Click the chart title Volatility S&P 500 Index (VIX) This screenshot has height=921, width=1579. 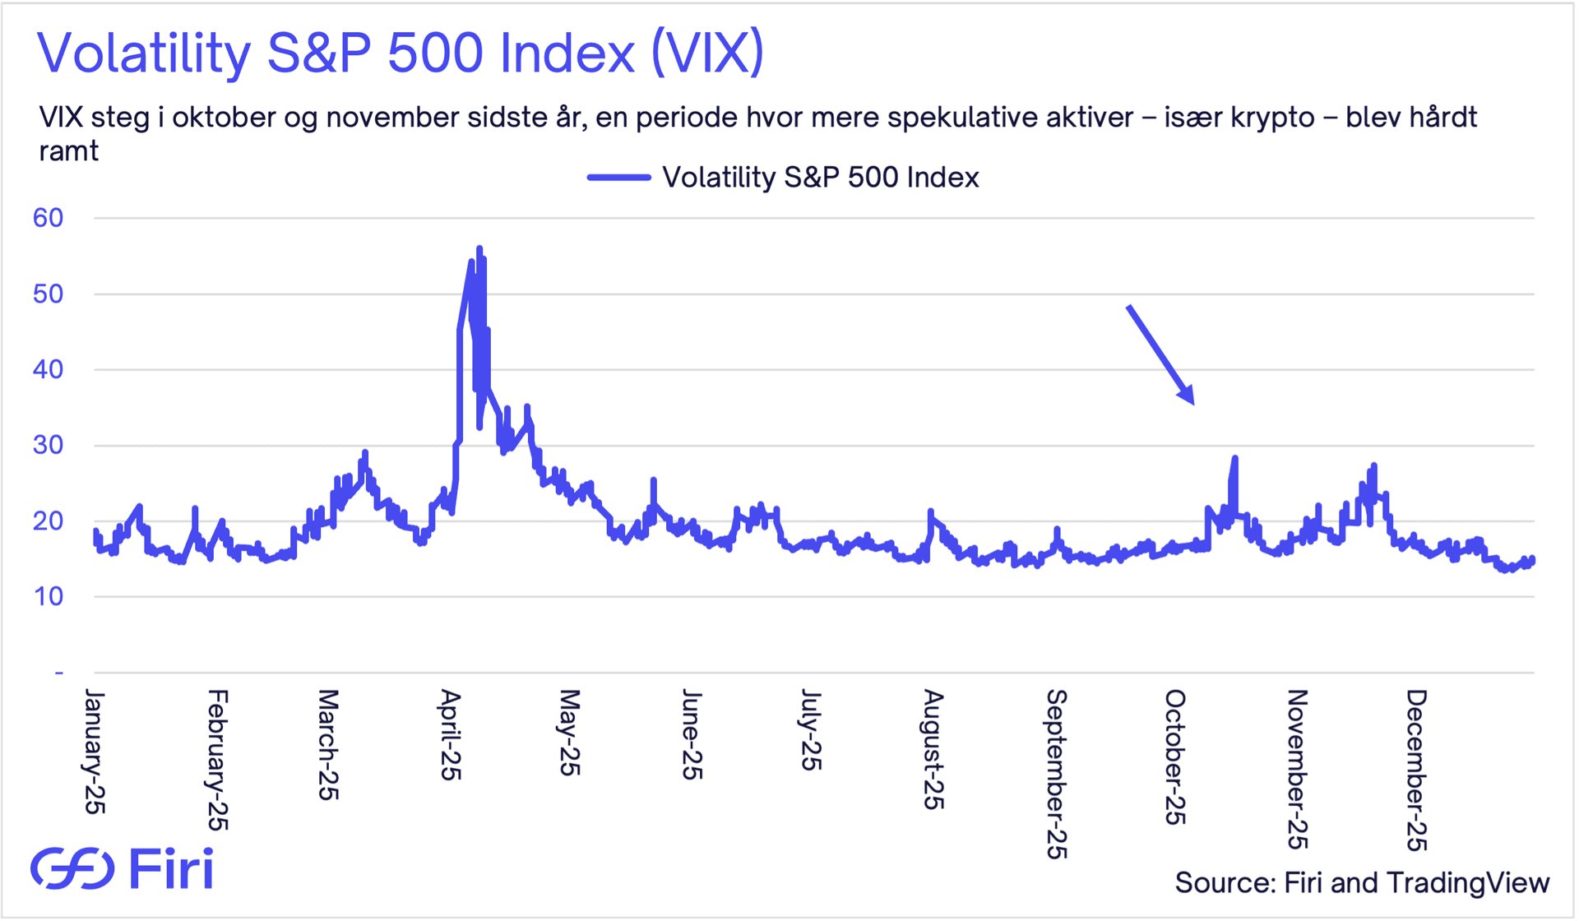(401, 53)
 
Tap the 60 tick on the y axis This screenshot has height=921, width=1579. (48, 218)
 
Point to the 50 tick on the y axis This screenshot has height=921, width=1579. (48, 294)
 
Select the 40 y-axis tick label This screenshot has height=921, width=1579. (48, 369)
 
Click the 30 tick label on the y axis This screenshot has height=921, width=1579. (48, 445)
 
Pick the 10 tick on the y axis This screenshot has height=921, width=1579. (48, 596)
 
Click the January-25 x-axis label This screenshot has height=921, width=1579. (95, 752)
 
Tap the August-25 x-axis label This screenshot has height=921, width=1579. (933, 749)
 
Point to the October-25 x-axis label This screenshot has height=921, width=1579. (1175, 757)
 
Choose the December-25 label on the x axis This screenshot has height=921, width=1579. (1416, 770)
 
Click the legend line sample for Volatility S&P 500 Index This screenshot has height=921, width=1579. (618, 178)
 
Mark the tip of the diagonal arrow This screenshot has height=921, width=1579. (1192, 403)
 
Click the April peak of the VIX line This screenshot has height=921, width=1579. (479, 248)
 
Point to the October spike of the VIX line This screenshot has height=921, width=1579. (1234, 458)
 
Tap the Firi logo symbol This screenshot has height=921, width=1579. (72, 868)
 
